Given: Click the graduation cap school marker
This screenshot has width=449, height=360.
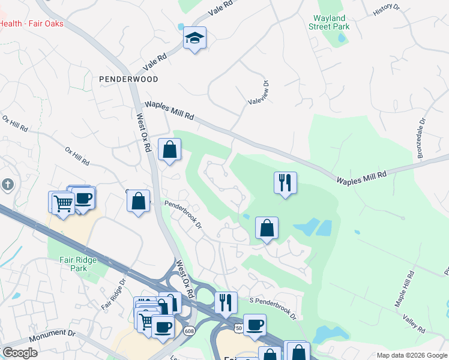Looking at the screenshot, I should [194, 38].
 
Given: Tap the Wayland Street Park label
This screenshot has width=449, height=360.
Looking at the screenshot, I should [328, 22].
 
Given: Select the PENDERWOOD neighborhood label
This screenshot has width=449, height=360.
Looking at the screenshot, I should [128, 79].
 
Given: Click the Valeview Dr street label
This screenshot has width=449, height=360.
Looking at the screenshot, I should [258, 92].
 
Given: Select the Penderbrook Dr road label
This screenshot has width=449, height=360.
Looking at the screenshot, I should [183, 214].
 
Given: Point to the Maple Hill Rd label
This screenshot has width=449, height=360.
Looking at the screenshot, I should [404, 290].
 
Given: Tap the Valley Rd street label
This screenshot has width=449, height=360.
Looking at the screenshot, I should [414, 325].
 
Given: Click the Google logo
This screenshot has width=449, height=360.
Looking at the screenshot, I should [20, 352].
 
